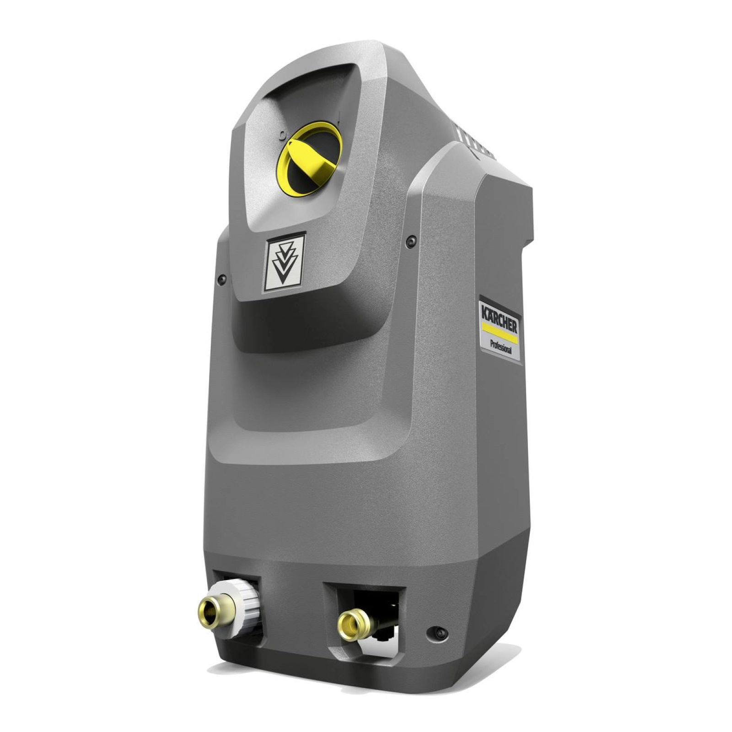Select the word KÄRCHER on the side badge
pos(499,319)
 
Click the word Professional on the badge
pos(501,346)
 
